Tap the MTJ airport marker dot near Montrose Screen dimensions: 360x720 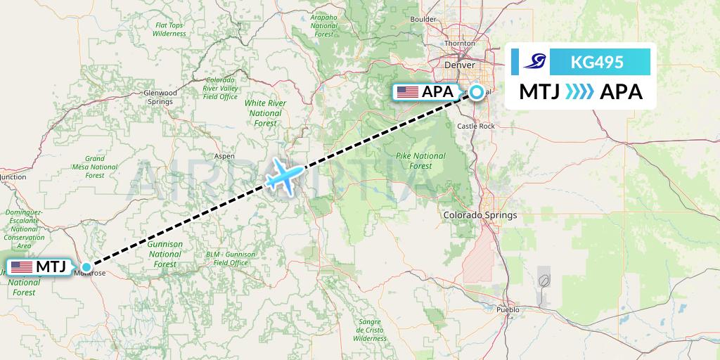click(86, 267)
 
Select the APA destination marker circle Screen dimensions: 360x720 click(477, 92)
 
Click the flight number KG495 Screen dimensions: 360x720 click(597, 62)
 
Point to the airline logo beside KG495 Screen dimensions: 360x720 click(534, 62)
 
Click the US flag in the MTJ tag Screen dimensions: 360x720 click(22, 267)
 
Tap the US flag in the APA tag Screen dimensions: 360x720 click(407, 92)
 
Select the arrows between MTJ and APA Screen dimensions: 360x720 click(579, 92)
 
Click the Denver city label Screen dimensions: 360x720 click(461, 65)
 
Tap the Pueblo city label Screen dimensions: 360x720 click(507, 309)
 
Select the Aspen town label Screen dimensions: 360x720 click(224, 156)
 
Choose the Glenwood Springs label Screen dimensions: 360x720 click(160, 97)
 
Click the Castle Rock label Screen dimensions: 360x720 click(476, 127)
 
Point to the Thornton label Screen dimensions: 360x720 click(460, 44)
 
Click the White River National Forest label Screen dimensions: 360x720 click(265, 112)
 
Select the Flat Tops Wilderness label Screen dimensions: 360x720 click(169, 30)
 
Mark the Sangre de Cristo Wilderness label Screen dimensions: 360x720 click(370, 330)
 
